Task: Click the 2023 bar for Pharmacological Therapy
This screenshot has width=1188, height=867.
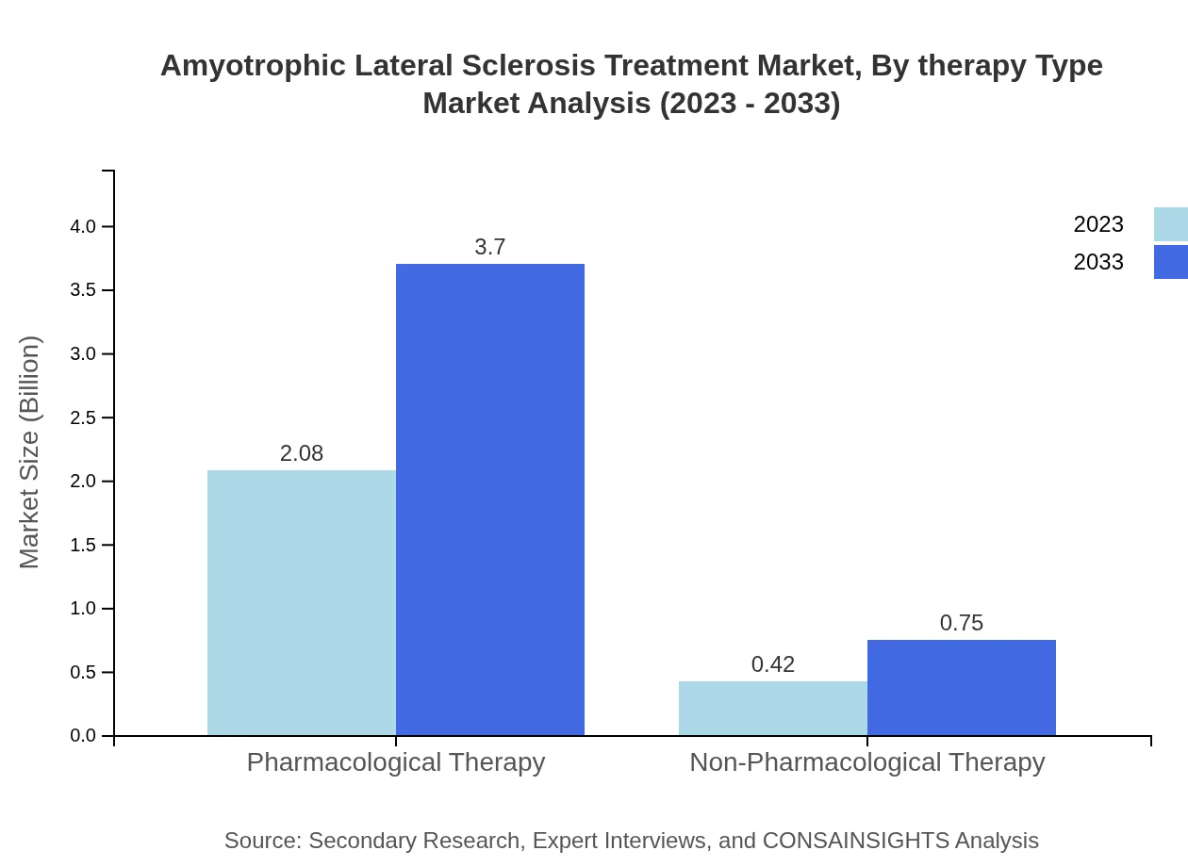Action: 302,603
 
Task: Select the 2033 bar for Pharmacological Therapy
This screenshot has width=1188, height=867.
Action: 490,499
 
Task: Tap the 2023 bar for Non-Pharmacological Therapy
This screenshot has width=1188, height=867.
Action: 773,709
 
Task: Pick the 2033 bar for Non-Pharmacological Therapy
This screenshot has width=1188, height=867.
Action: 962,688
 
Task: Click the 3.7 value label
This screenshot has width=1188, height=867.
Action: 490,247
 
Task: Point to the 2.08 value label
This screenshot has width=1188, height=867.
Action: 302,453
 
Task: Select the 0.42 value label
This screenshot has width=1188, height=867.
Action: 773,664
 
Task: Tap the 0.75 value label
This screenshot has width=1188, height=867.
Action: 962,623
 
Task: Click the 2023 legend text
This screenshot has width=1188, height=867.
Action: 1098,224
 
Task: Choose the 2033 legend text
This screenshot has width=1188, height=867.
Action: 1098,262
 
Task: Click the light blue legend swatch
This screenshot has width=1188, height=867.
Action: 1171,224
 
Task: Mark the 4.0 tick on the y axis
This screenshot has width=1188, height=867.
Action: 83,226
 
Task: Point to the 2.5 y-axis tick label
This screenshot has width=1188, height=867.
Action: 83,417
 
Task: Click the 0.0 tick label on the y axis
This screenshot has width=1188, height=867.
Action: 83,736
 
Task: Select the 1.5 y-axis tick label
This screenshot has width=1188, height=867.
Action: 83,545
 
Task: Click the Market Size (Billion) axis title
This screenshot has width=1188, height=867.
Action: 29,452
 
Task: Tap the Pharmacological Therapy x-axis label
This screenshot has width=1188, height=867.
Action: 396,761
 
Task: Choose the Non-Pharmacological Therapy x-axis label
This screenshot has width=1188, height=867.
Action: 867,761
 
